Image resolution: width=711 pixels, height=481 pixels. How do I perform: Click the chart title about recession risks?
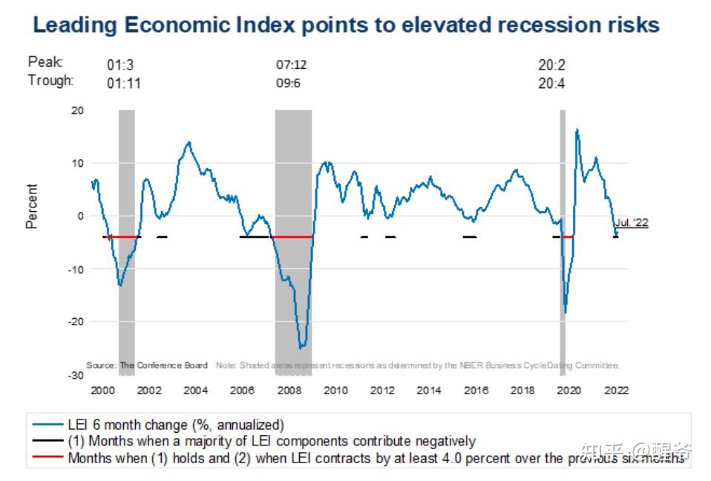[346, 25]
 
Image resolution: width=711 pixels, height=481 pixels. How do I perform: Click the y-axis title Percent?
[33, 206]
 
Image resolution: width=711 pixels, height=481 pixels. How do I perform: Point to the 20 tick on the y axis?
[77, 110]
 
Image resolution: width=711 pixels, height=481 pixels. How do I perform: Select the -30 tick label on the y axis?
[76, 375]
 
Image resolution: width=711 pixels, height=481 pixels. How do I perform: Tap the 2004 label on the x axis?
[196, 391]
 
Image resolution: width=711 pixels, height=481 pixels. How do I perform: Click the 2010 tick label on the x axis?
[335, 391]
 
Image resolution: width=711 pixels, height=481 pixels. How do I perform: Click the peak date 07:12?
[291, 65]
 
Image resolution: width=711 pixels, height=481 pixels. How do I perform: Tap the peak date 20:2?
[551, 65]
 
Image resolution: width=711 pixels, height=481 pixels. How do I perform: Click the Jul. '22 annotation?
[632, 222]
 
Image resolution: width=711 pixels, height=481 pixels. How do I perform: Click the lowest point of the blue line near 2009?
[301, 348]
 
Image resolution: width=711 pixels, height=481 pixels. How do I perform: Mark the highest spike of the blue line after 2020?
[577, 130]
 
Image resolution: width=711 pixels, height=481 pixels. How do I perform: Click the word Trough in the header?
[50, 80]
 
